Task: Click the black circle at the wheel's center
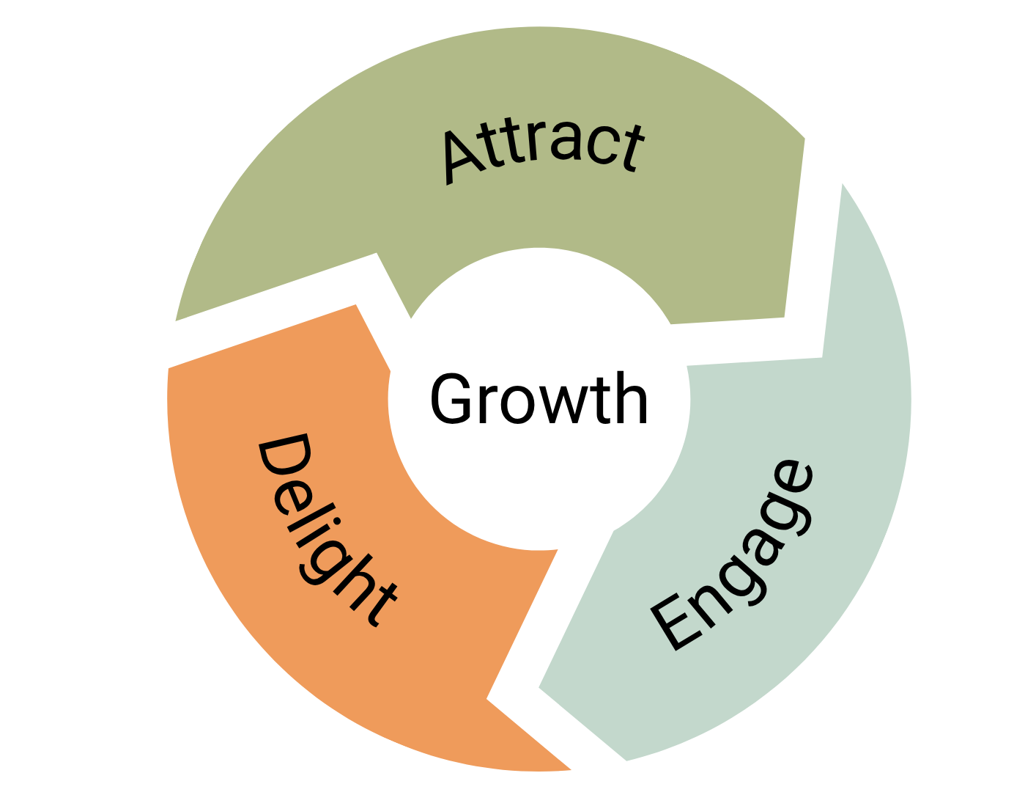click(539, 400)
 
